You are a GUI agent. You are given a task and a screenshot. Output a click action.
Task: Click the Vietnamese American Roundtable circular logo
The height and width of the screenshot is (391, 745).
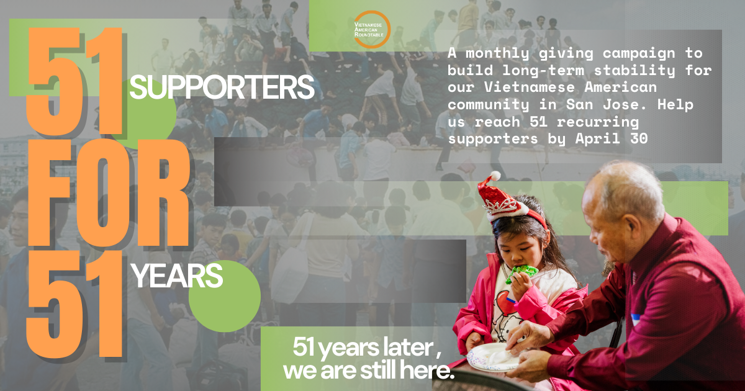click(x=371, y=29)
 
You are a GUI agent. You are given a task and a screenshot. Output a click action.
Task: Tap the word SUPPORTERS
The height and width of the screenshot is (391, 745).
click(x=222, y=88)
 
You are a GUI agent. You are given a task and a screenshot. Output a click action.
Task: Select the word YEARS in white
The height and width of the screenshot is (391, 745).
click(x=177, y=276)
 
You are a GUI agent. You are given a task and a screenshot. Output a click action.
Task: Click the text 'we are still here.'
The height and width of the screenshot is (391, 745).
click(x=368, y=372)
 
